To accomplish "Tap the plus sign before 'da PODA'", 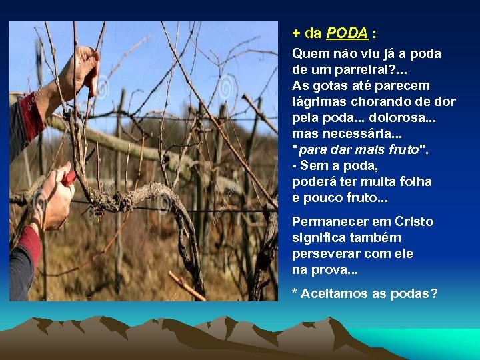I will pyautogui.click(x=296, y=33).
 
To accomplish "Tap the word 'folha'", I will pyautogui.click(x=414, y=181).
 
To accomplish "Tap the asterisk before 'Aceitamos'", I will pyautogui.click(x=295, y=292).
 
